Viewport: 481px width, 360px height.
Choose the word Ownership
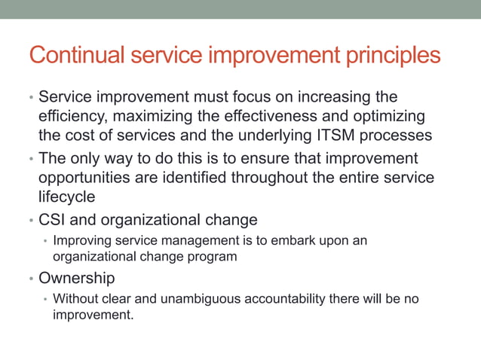pos(77,279)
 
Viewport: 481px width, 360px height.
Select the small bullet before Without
pos(45,299)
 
